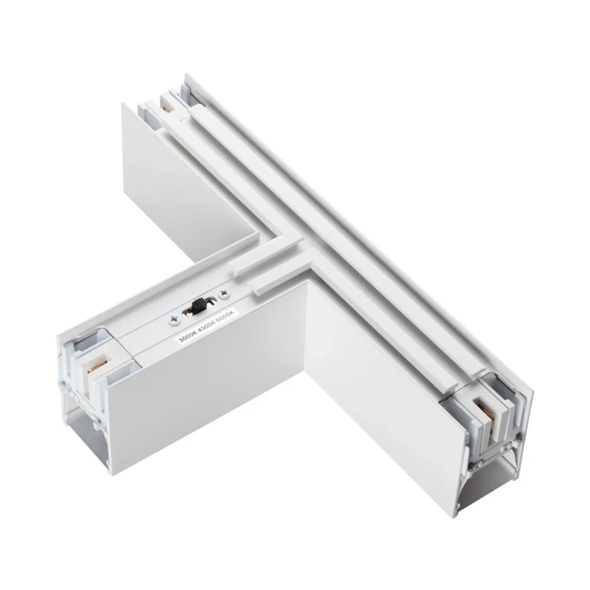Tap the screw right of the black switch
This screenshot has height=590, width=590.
click(x=223, y=294)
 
